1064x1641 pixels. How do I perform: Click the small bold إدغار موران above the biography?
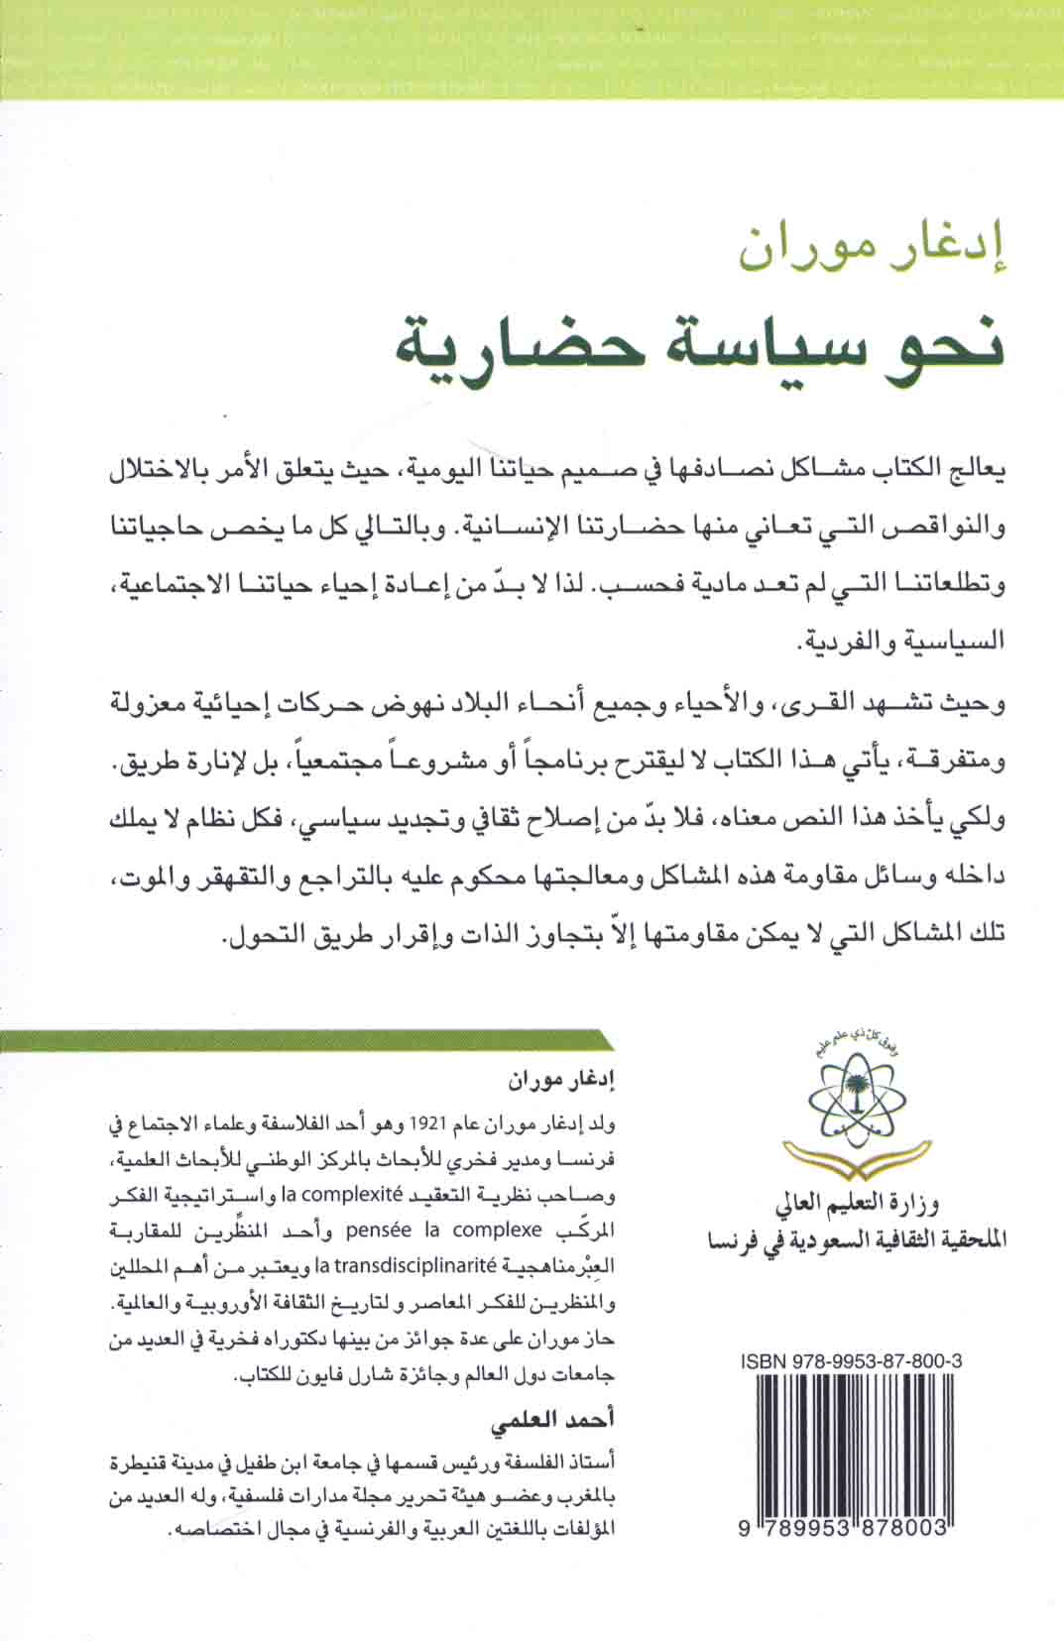tap(574, 1079)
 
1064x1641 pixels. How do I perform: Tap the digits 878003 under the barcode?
tap(902, 1531)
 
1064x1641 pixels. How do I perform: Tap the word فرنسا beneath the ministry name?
tap(733, 1238)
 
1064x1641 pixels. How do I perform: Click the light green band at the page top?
tap(532, 50)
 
